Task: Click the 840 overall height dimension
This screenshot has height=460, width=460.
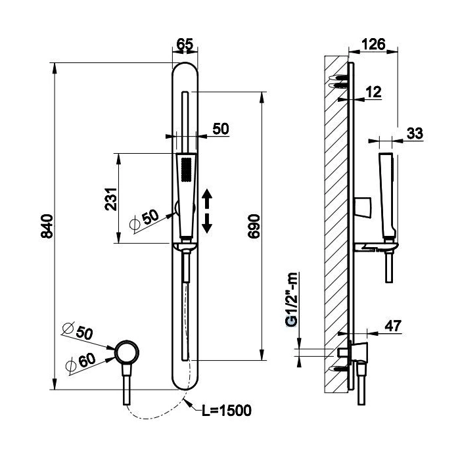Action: (x=46, y=227)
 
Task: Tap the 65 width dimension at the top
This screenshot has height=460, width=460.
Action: (x=185, y=45)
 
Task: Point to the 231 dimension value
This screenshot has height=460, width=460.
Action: (x=112, y=198)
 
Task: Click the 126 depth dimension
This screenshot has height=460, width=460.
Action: (x=373, y=45)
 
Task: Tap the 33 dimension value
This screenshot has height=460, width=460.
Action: (x=414, y=133)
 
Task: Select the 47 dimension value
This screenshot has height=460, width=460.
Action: (x=392, y=326)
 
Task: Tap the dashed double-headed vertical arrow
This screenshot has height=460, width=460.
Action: (x=207, y=210)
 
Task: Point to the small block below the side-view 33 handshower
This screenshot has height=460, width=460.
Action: (x=361, y=207)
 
